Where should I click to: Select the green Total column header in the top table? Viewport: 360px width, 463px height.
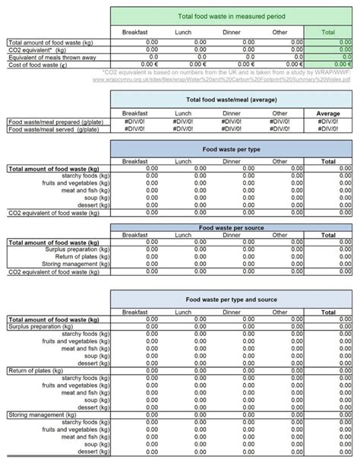click(x=328, y=32)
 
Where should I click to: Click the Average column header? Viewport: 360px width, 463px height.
click(x=328, y=113)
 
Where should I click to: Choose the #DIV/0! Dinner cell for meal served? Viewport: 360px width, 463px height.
click(x=243, y=129)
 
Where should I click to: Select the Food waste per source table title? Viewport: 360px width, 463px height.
click(x=231, y=227)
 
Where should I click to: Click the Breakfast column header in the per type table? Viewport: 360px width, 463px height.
click(x=135, y=161)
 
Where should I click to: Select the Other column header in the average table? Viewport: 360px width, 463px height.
click(x=280, y=113)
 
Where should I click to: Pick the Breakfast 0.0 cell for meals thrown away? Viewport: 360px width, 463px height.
click(x=153, y=56)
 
